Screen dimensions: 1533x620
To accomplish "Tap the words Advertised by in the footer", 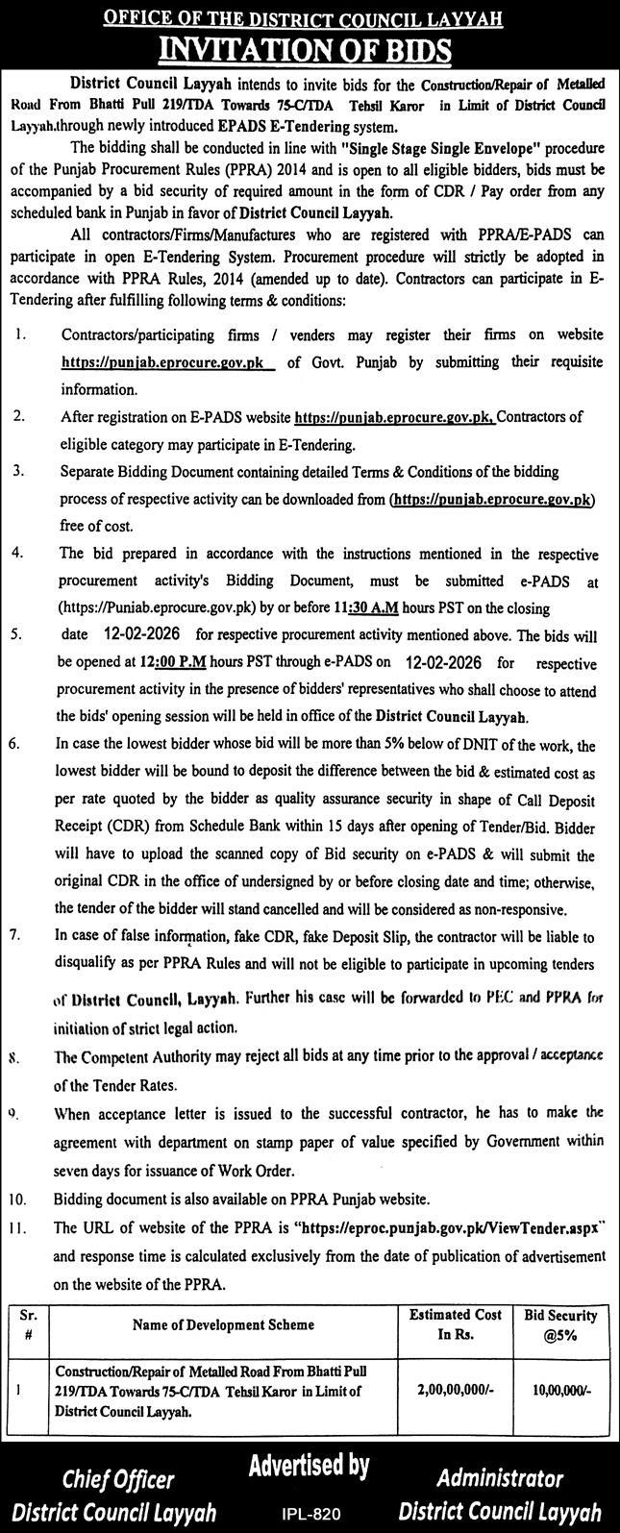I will point(310,1466).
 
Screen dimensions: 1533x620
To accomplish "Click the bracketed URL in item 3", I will point(492,501).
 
